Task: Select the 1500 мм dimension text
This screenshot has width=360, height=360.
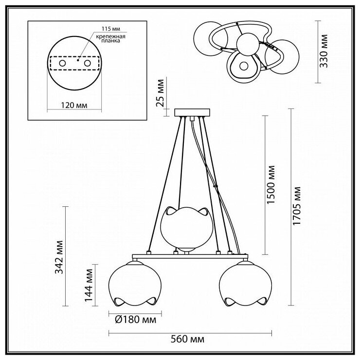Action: (x=271, y=185)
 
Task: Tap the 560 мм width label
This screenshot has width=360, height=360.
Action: (x=187, y=339)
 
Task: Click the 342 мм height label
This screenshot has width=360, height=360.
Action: (x=59, y=257)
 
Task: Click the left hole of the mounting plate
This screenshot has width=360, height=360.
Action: (x=62, y=64)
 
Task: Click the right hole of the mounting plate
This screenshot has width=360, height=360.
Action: (x=88, y=64)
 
